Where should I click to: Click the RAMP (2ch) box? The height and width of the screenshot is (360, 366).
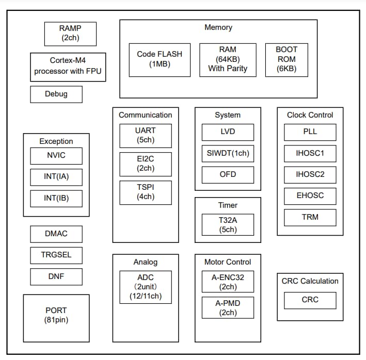(x=70, y=32)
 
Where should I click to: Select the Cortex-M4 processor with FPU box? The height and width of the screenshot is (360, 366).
(x=68, y=67)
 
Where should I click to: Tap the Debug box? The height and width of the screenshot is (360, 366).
(x=56, y=94)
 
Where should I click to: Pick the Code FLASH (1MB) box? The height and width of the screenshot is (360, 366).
(x=160, y=59)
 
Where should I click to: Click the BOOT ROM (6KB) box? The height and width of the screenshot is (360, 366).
(x=287, y=59)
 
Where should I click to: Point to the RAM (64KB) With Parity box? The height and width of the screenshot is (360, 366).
(x=228, y=59)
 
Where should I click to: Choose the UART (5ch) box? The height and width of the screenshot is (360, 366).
(x=146, y=136)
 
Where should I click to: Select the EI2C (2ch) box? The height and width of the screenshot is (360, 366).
(x=146, y=164)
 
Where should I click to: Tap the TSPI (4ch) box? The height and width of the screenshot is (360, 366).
(x=146, y=192)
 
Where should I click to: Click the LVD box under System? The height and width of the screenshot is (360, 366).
(x=228, y=132)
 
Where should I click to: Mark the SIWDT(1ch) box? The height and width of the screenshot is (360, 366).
(x=228, y=153)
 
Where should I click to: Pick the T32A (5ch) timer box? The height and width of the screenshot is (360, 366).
(x=228, y=225)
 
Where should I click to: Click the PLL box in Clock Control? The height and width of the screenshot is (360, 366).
(x=310, y=132)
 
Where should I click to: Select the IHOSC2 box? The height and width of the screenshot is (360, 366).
(x=310, y=175)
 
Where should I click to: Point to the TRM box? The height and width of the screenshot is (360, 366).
(x=310, y=217)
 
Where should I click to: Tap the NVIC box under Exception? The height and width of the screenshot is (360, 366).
(x=56, y=156)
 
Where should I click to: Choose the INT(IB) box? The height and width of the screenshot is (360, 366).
(x=56, y=198)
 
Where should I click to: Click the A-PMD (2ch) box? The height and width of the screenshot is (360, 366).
(x=228, y=308)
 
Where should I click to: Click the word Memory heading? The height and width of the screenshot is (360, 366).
(x=218, y=27)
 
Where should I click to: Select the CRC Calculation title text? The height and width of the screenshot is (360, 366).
(x=310, y=281)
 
